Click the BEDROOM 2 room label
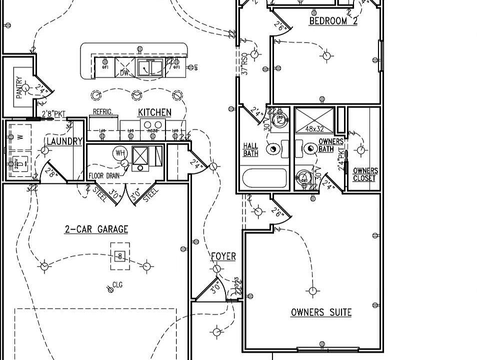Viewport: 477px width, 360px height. tap(333, 21)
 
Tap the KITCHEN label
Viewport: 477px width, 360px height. tap(154, 112)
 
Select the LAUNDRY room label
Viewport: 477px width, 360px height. tap(64, 141)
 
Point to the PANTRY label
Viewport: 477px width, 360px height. tap(19, 87)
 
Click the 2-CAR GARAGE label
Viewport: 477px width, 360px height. tap(96, 229)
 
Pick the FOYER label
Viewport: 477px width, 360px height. tap(223, 256)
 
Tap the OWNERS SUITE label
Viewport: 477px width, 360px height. tap(321, 312)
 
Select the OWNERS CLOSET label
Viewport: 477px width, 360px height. tap(365, 174)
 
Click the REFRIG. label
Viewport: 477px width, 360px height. tap(102, 112)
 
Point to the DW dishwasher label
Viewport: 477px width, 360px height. tap(124, 73)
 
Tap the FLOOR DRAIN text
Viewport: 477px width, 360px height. tap(104, 176)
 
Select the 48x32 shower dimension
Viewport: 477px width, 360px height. tap(315, 129)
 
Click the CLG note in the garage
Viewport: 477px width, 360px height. tap(117, 285)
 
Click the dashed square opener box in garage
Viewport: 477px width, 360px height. tap(119, 256)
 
